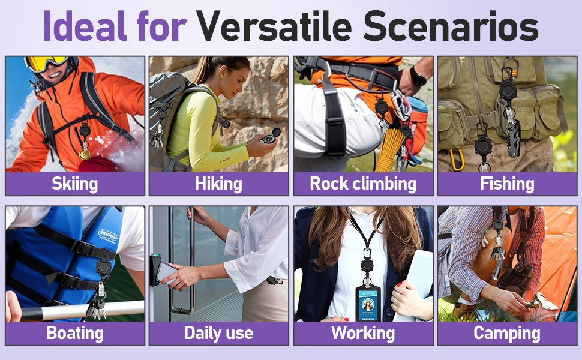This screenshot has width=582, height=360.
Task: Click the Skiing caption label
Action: (x=75, y=184)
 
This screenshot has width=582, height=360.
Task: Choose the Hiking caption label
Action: (x=218, y=184)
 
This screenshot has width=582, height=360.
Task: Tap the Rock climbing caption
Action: (x=363, y=184)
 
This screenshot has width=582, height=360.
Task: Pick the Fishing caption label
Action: (x=507, y=184)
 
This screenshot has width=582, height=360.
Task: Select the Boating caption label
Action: (x=75, y=333)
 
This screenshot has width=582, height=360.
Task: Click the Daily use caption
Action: (x=218, y=333)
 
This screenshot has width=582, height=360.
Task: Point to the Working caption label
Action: (x=363, y=333)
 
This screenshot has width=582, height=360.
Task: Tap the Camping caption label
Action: (x=507, y=333)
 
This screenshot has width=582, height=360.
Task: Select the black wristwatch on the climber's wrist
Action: (x=418, y=76)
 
